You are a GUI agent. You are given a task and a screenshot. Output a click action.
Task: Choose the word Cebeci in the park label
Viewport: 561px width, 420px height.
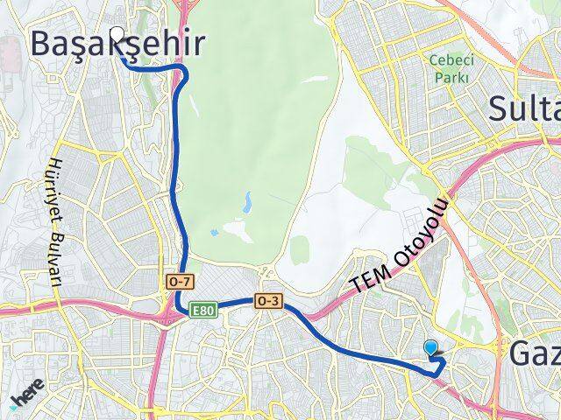pos(447,59)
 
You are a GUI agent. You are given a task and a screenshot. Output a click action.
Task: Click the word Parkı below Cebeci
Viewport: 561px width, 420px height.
pos(447,77)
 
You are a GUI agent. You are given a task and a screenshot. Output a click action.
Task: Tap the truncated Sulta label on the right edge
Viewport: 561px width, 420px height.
pos(524,109)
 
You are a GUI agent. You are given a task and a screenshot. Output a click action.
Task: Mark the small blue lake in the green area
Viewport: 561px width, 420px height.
pos(248,204)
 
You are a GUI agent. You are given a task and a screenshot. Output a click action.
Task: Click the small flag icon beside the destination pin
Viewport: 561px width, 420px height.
pos(440,356)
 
